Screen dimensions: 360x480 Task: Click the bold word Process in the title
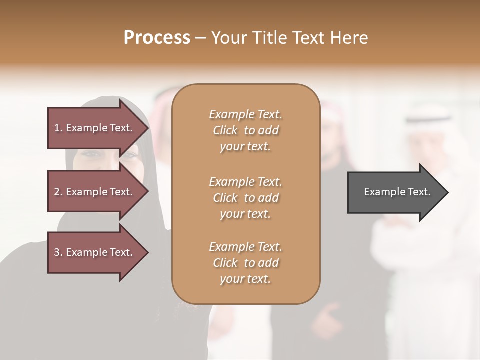[157, 38]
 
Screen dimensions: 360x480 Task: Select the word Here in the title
[349, 38]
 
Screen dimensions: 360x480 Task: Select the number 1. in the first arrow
[58, 128]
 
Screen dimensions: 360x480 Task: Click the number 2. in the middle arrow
[58, 192]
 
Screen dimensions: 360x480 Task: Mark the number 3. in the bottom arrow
[58, 252]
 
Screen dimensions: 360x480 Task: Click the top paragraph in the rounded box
[245, 130]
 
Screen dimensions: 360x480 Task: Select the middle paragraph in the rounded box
[245, 198]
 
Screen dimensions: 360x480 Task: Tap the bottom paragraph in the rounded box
[245, 263]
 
